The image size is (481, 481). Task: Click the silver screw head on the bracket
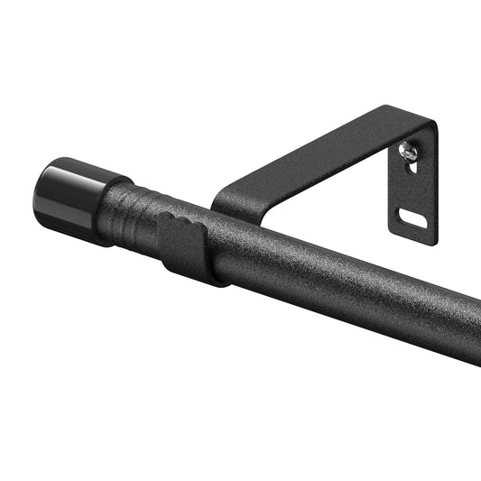[409, 154]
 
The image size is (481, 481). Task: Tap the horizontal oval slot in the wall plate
[412, 217]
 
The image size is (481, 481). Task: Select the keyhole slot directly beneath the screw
[410, 169]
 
